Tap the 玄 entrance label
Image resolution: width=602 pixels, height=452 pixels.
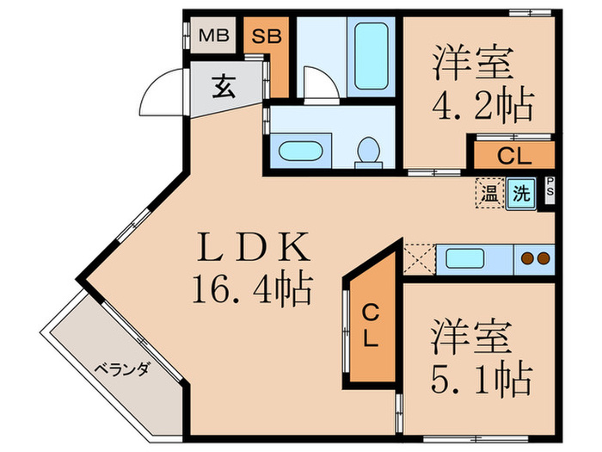(x=224, y=87)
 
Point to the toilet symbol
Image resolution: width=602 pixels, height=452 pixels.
(x=369, y=151)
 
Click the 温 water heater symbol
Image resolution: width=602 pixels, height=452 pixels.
(x=488, y=193)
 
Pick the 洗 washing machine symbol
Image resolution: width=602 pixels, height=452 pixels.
(x=521, y=193)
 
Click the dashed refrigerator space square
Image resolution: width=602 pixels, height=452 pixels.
(x=419, y=258)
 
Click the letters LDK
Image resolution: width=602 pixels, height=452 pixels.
(x=253, y=250)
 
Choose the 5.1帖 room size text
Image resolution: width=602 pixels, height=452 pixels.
(x=481, y=376)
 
